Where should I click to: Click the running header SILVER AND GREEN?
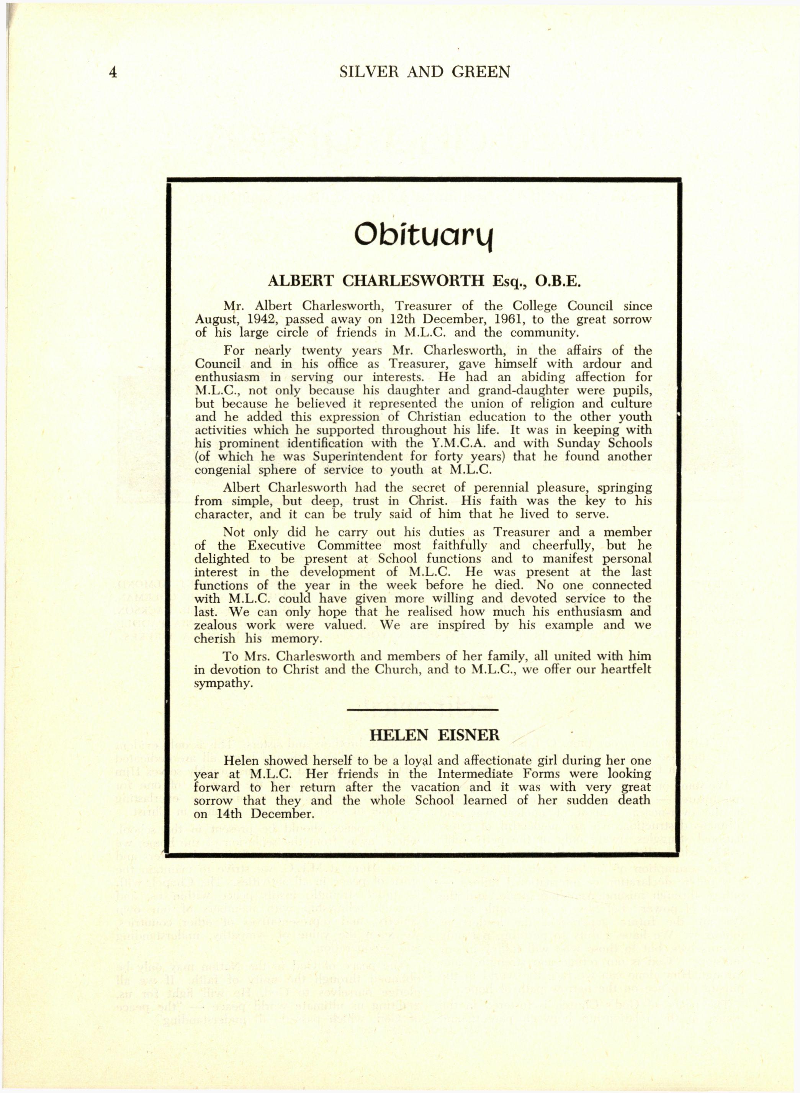[x=425, y=72]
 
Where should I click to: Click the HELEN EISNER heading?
[x=434, y=736]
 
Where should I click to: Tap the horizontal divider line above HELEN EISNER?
[x=423, y=710]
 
